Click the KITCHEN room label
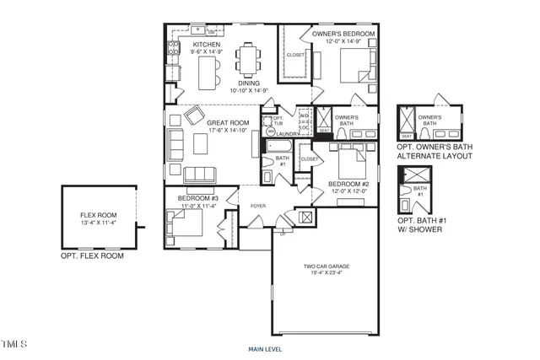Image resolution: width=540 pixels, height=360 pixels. coord(206,44)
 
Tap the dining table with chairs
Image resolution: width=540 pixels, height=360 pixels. coord(249,61)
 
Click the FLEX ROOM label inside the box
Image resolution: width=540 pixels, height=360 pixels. coord(98,215)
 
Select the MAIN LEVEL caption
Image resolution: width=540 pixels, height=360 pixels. coord(265,349)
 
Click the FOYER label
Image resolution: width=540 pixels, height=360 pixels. coord(257,203)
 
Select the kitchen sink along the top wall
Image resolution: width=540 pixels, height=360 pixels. coord(197,31)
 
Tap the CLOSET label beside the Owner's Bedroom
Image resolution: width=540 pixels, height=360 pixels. coord(295,55)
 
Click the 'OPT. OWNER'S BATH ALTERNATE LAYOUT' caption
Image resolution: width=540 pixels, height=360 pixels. coord(432,151)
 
